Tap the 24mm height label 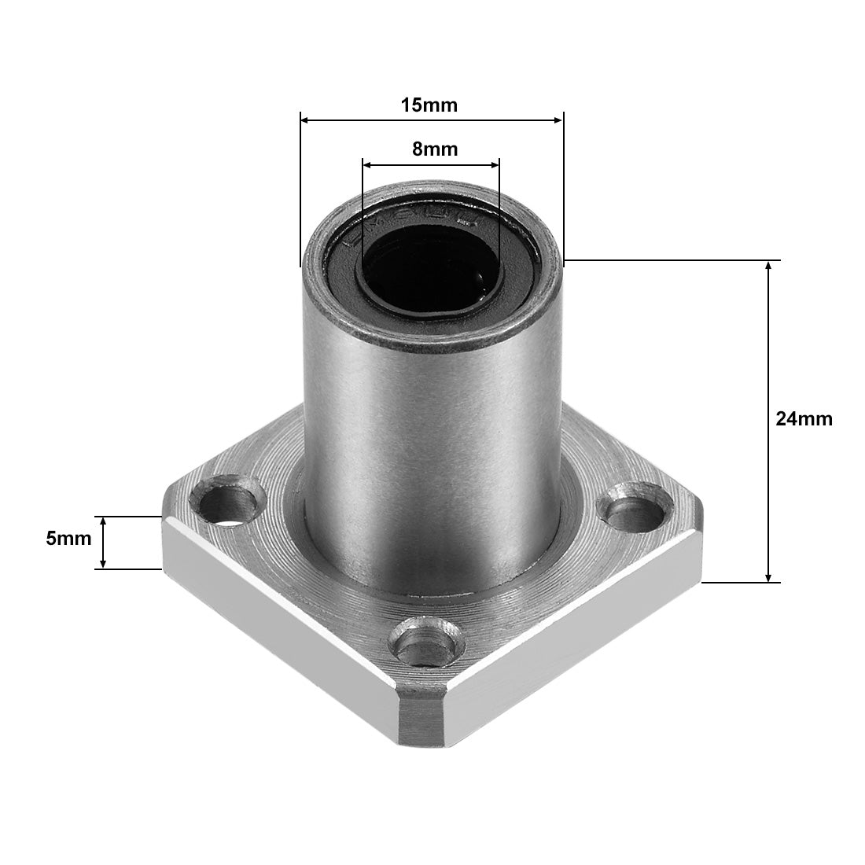(803, 419)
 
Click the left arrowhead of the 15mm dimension (305, 120)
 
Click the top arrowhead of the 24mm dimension (769, 265)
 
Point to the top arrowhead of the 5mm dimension (103, 521)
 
